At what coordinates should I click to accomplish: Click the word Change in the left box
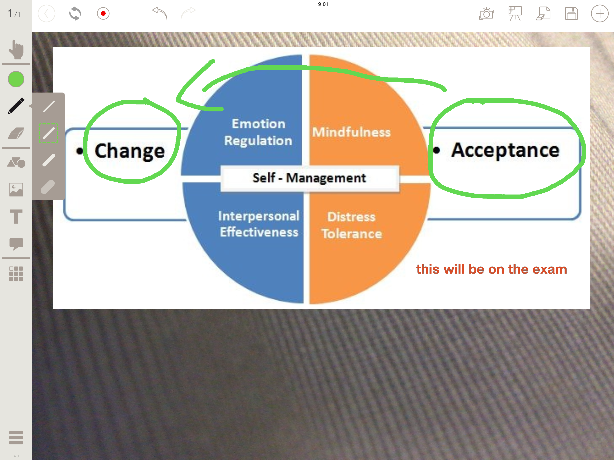coord(130,151)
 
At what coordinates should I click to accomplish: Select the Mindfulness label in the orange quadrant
coord(351,132)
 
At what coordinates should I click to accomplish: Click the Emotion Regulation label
coord(258,132)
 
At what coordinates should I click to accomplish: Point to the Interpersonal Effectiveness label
coord(259,224)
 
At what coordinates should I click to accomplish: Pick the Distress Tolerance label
coord(352,225)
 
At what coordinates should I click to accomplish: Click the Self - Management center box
coord(310,178)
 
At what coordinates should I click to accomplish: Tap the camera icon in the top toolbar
coord(487,13)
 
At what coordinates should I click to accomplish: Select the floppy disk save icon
coord(571,13)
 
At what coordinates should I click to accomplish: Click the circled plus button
coord(600,13)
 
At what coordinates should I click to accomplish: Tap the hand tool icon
coord(16,50)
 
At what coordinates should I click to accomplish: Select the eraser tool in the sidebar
coord(16,133)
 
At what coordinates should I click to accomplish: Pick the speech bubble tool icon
coord(16,244)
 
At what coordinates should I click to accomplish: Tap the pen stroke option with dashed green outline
coord(48,133)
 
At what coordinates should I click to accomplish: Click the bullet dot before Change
coord(80,151)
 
